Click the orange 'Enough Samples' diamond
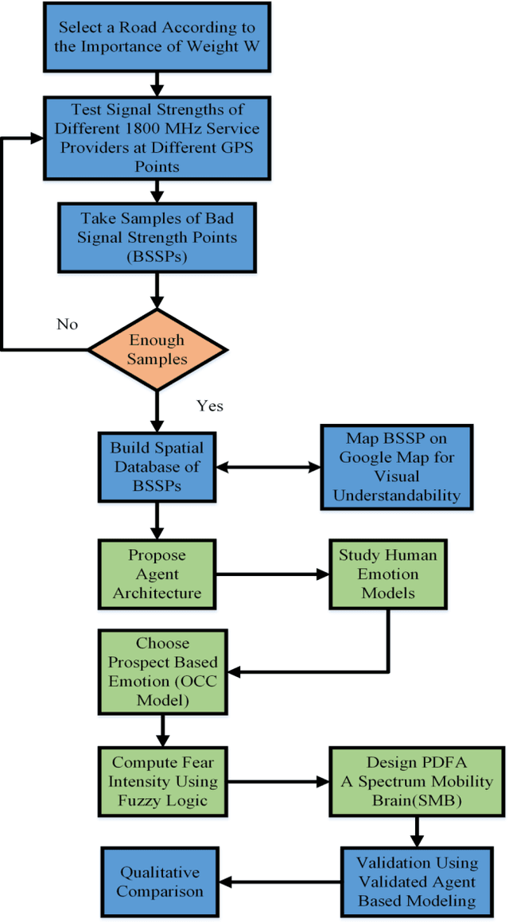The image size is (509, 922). tap(157, 348)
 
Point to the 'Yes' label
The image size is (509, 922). tap(209, 406)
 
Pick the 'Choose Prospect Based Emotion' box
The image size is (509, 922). tap(157, 671)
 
